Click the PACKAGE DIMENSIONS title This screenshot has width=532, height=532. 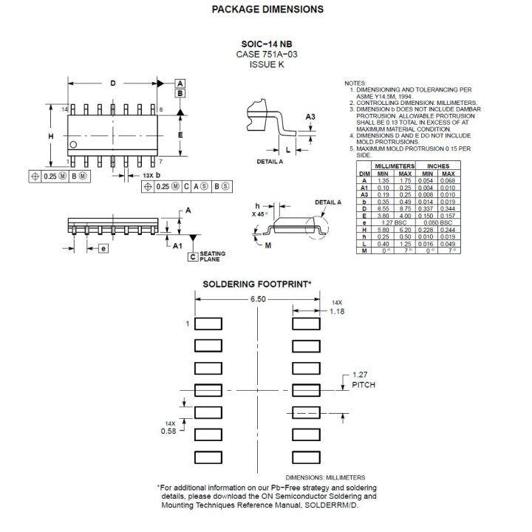[x=267, y=10]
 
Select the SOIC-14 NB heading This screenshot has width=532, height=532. [x=267, y=44]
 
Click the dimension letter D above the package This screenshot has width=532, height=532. [x=113, y=83]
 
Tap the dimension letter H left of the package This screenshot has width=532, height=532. [x=51, y=137]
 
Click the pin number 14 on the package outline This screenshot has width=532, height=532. [x=64, y=109]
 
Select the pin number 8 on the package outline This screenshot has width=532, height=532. [x=161, y=109]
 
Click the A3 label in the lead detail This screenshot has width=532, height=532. [x=310, y=117]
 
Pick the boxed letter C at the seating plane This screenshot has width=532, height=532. [x=192, y=257]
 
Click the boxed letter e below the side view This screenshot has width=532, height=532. [x=103, y=248]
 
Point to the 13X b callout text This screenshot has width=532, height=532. [x=144, y=175]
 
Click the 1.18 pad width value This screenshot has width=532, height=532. [x=336, y=312]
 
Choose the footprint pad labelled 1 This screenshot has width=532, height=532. [x=208, y=324]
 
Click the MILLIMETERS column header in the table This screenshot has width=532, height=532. [x=395, y=167]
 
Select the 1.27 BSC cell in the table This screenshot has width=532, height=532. [x=395, y=222]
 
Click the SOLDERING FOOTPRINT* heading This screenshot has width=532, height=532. [x=257, y=284]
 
